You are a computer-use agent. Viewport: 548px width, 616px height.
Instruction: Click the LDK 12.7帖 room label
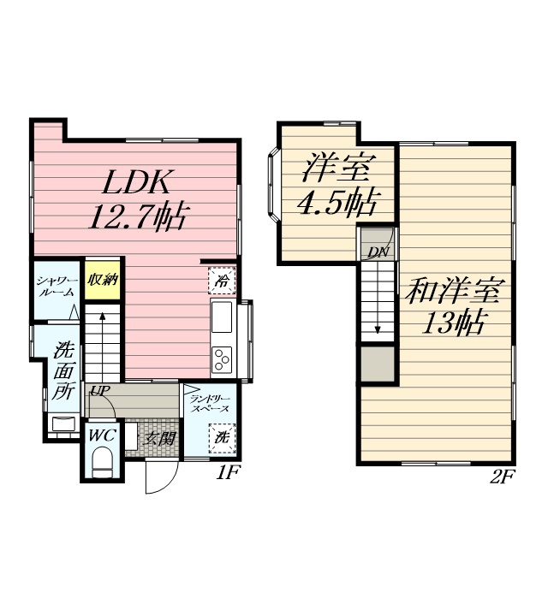pos(138,199)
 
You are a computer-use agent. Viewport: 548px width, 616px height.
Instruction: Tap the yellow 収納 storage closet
pos(103,280)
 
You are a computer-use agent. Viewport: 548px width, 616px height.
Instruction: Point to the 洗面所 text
pos(63,370)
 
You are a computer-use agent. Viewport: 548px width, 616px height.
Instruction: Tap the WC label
pos(102,435)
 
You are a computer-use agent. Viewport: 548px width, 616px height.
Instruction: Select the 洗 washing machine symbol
pos(222,438)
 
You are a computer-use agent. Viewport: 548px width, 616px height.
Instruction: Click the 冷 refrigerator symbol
pos(222,281)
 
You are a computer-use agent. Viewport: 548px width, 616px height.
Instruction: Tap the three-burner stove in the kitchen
pos(222,359)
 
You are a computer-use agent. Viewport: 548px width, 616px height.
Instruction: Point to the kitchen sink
pos(222,317)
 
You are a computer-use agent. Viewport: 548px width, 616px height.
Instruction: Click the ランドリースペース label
pos(209,404)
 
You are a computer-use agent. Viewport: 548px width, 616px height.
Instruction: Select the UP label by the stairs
pos(100,390)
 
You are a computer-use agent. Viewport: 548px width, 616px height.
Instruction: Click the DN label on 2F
pos(378,252)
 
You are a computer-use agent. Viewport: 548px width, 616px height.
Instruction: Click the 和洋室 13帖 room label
pos(453,306)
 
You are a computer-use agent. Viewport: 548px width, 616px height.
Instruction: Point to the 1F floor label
pos(228,473)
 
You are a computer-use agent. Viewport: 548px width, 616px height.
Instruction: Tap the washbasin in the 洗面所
pos(63,423)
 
